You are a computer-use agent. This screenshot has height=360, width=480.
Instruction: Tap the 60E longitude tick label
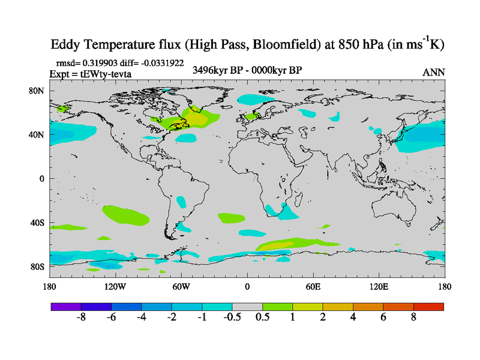tap(313, 286)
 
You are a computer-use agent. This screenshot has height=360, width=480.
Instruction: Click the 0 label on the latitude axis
tap(41, 179)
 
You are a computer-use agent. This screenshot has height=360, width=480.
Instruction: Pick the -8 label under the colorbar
tap(82, 317)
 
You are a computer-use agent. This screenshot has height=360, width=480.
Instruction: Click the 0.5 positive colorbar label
tap(262, 317)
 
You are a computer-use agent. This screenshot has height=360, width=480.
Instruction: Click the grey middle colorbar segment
tap(247, 306)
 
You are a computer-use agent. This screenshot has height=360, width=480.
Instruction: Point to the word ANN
tap(434, 72)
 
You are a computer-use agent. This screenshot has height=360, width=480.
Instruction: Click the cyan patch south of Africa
tap(290, 211)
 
